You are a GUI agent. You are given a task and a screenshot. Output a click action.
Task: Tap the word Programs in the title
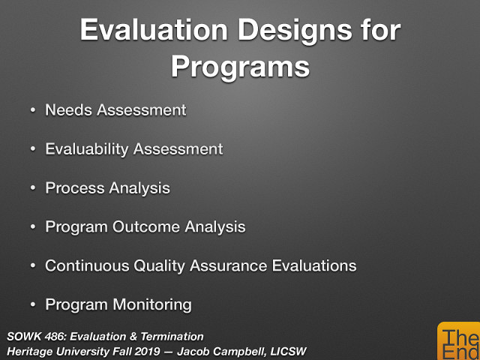[240, 66]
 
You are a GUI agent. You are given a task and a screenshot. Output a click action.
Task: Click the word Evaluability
[88, 148]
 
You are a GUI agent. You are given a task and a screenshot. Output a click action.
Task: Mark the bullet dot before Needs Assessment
[32, 110]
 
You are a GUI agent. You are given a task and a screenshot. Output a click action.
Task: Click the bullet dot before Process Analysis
[32, 188]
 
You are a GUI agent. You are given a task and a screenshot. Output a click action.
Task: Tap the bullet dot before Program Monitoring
[32, 305]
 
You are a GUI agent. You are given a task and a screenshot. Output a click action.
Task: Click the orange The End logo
[457, 342]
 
